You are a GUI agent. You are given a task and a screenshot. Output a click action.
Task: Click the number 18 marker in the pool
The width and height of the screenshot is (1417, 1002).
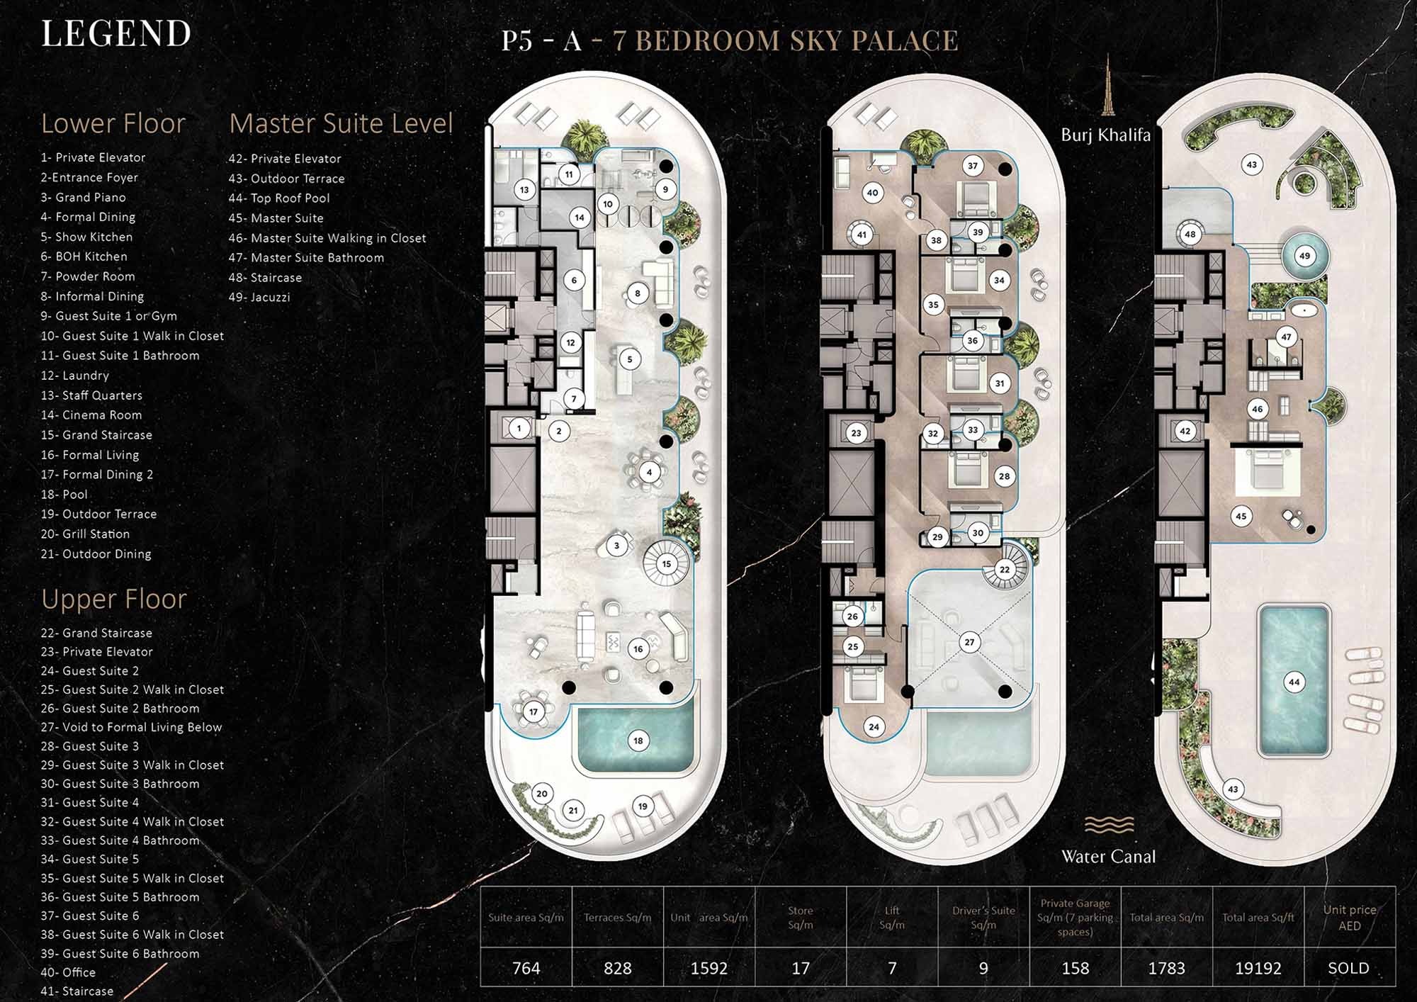[x=638, y=741]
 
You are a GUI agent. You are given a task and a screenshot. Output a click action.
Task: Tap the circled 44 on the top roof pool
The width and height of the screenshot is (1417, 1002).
[x=1294, y=682]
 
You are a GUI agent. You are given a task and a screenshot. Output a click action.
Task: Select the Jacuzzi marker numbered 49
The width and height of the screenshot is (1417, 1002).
[x=1304, y=256]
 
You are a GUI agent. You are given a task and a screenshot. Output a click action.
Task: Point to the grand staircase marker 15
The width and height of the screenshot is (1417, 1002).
[x=666, y=564]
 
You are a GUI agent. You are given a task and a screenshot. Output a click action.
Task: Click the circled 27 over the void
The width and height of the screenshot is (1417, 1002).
[x=969, y=642]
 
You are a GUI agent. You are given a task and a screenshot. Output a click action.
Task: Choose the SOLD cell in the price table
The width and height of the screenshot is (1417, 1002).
[x=1348, y=968]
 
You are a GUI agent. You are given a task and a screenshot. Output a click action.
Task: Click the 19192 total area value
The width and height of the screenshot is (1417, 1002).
[x=1258, y=968]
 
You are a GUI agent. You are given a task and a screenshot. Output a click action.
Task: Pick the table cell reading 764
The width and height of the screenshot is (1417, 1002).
[x=526, y=968]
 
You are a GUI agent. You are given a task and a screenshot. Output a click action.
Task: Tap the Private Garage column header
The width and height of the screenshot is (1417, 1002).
[x=1075, y=917]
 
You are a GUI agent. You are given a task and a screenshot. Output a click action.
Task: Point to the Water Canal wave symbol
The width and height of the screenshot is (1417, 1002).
[x=1109, y=824]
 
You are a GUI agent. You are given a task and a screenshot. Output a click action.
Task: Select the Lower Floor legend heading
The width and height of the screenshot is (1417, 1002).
[x=113, y=123]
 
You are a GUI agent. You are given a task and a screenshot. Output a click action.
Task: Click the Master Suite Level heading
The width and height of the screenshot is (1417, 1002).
[x=341, y=123]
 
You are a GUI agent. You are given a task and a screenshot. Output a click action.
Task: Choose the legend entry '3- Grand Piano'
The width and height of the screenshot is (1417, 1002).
[x=83, y=197]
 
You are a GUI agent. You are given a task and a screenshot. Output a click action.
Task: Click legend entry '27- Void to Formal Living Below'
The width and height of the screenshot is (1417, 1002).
[x=131, y=727]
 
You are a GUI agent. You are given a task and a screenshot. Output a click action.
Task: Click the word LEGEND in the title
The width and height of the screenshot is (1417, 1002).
[x=116, y=33]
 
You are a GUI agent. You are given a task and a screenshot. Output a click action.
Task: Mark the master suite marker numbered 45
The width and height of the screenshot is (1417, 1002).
[x=1241, y=516]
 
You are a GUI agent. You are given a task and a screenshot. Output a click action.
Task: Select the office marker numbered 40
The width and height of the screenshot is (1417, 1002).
[x=872, y=192]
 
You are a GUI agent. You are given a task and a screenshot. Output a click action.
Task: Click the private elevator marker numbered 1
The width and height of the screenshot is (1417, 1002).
[x=519, y=428]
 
